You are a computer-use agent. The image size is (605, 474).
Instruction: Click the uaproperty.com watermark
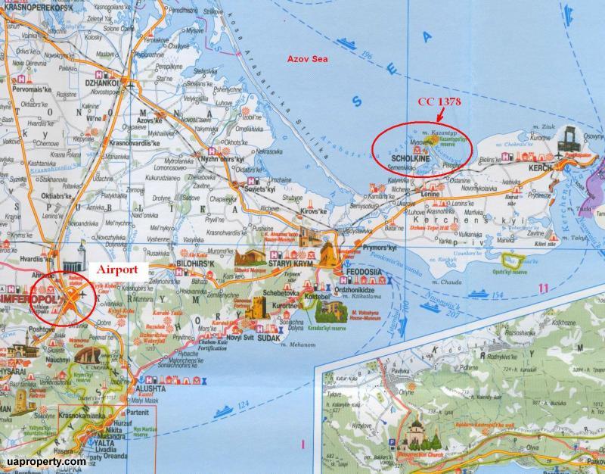(x=43, y=460)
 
